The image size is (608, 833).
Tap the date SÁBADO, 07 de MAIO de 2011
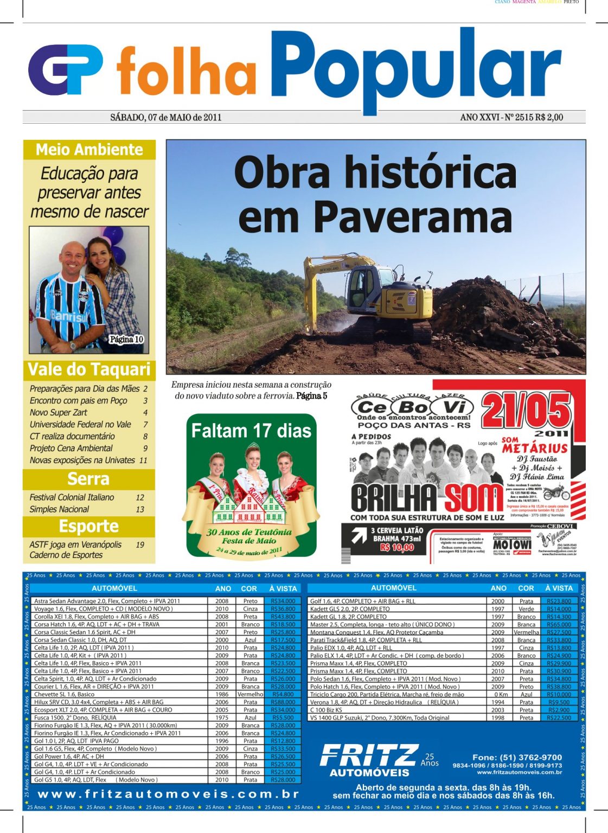point(165,117)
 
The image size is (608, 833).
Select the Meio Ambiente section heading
point(89,150)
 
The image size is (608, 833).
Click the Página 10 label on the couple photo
point(126,339)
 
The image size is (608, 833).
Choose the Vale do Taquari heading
point(89,369)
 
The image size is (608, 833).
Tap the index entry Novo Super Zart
point(59,413)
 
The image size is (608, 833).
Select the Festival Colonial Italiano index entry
point(72,497)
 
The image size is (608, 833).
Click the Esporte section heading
point(89,527)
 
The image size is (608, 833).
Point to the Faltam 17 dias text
point(251,431)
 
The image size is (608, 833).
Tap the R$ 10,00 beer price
point(396,548)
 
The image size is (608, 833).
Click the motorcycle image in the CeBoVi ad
point(556,493)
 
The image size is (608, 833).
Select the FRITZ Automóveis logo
point(369,759)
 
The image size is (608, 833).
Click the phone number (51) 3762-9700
point(517,757)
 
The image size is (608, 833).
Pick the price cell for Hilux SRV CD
point(283,702)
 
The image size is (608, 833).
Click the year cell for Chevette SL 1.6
point(222,694)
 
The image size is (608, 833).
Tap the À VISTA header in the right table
point(559,588)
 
